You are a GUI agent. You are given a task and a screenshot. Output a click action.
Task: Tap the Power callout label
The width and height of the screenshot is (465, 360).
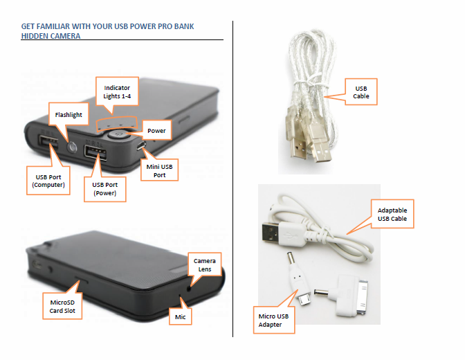click(156, 130)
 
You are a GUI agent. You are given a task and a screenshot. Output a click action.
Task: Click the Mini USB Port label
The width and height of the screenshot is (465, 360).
click(160, 170)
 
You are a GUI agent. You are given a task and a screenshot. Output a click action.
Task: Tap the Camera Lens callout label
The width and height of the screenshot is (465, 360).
click(204, 266)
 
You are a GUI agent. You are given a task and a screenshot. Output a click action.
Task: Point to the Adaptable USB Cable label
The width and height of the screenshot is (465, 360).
click(392, 214)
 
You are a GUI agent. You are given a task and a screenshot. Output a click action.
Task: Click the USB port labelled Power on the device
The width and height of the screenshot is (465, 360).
click(93, 154)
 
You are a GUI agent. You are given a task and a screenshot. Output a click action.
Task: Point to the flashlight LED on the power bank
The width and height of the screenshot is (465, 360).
click(71, 145)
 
